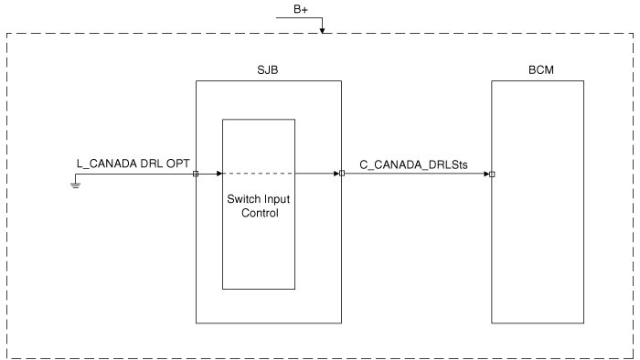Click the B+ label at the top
pos(301,9)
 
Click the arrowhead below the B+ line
pos(322,30)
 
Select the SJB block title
pos(268,70)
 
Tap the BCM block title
pos(541,70)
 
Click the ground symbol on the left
pos(76,185)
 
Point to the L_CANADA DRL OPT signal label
pos(133,164)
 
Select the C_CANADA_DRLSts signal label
pos(413,164)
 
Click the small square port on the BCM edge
pos(492,175)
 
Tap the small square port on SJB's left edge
pos(196,174)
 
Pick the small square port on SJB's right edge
pos(342,174)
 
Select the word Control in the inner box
pos(260,213)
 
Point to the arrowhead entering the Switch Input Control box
pos(219,174)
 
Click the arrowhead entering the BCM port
pos(486,175)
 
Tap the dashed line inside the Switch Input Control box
pos(259,174)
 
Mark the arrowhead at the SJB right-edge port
pos(336,174)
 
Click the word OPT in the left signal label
pos(178,164)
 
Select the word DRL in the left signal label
pos(152,164)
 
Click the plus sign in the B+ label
pos(304,10)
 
